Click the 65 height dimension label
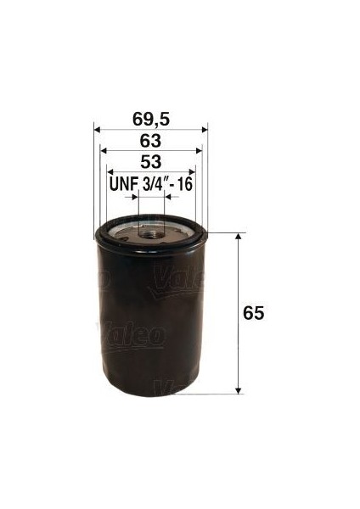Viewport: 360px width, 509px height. point(253,313)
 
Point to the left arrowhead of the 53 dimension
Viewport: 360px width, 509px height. point(111,173)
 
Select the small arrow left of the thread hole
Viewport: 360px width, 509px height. point(132,196)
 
